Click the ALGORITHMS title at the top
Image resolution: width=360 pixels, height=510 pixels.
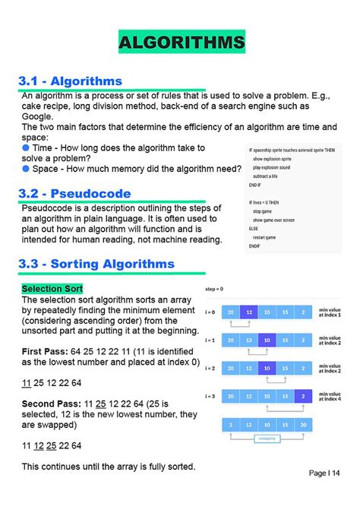(x=182, y=43)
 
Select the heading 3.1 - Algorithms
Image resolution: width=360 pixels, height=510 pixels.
(x=71, y=81)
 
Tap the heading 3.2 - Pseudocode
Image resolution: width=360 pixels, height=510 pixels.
(x=75, y=194)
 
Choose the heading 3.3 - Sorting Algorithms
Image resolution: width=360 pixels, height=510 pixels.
(x=97, y=264)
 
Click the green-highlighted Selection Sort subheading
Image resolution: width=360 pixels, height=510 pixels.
(x=52, y=289)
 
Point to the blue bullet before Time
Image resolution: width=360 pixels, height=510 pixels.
(x=25, y=147)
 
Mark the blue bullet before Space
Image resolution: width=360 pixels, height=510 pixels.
(x=25, y=168)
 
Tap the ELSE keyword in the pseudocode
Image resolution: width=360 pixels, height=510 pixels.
(x=254, y=228)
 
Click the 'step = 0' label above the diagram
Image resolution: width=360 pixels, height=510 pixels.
(x=215, y=290)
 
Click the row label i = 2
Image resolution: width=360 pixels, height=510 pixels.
(x=210, y=368)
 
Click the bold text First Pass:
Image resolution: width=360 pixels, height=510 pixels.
(x=48, y=351)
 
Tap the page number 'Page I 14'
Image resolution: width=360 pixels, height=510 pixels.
(x=324, y=473)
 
